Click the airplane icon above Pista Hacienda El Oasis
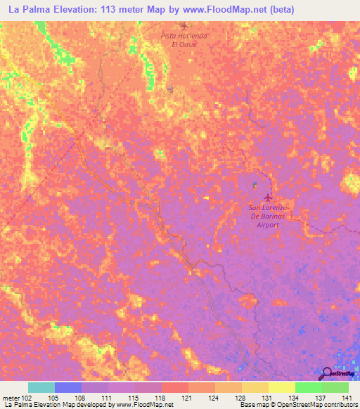[x=184, y=27]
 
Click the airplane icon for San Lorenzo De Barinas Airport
[x=266, y=197]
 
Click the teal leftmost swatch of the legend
[x=41, y=387]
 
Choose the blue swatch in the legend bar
[x=68, y=387]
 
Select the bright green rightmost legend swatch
[x=335, y=387]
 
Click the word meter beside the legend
[x=11, y=397]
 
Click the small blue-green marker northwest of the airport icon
[x=255, y=186]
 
